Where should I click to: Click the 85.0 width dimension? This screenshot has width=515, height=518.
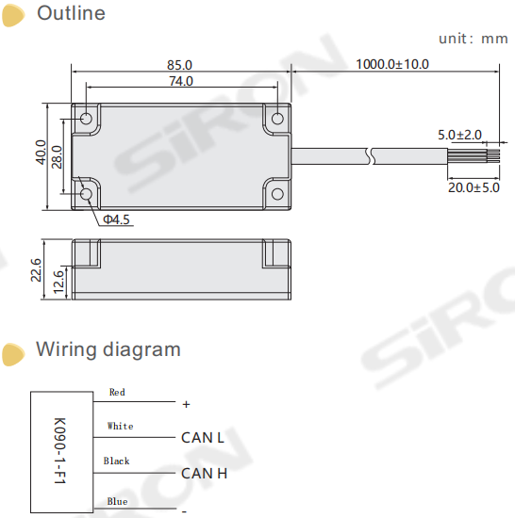pyautogui.click(x=179, y=65)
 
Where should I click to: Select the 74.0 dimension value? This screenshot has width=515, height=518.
pyautogui.click(x=181, y=81)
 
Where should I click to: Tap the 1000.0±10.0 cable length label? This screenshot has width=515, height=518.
pyautogui.click(x=392, y=65)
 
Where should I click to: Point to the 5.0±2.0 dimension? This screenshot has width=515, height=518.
pyautogui.click(x=460, y=135)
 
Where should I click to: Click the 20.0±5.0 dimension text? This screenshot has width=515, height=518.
pyautogui.click(x=473, y=188)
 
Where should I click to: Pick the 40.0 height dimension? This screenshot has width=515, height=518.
pyautogui.click(x=41, y=153)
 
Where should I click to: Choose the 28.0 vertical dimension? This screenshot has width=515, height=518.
pyautogui.click(x=58, y=155)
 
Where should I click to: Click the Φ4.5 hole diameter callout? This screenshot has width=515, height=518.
pyautogui.click(x=117, y=219)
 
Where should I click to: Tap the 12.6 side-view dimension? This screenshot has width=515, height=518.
pyautogui.click(x=58, y=281)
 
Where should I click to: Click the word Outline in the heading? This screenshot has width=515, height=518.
pyautogui.click(x=71, y=14)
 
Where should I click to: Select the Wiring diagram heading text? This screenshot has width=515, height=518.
pyautogui.click(x=108, y=349)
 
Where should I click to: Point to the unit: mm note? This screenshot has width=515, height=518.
pyautogui.click(x=473, y=39)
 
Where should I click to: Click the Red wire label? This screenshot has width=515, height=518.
pyautogui.click(x=117, y=392)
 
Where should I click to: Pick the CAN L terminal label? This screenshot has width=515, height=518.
pyautogui.click(x=202, y=438)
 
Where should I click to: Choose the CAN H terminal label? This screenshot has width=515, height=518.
pyautogui.click(x=204, y=473)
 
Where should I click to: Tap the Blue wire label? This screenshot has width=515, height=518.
pyautogui.click(x=117, y=501)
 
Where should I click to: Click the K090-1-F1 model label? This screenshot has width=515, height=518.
pyautogui.click(x=59, y=450)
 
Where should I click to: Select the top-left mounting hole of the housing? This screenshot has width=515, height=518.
pyautogui.click(x=87, y=120)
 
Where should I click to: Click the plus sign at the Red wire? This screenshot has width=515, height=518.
pyautogui.click(x=186, y=404)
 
